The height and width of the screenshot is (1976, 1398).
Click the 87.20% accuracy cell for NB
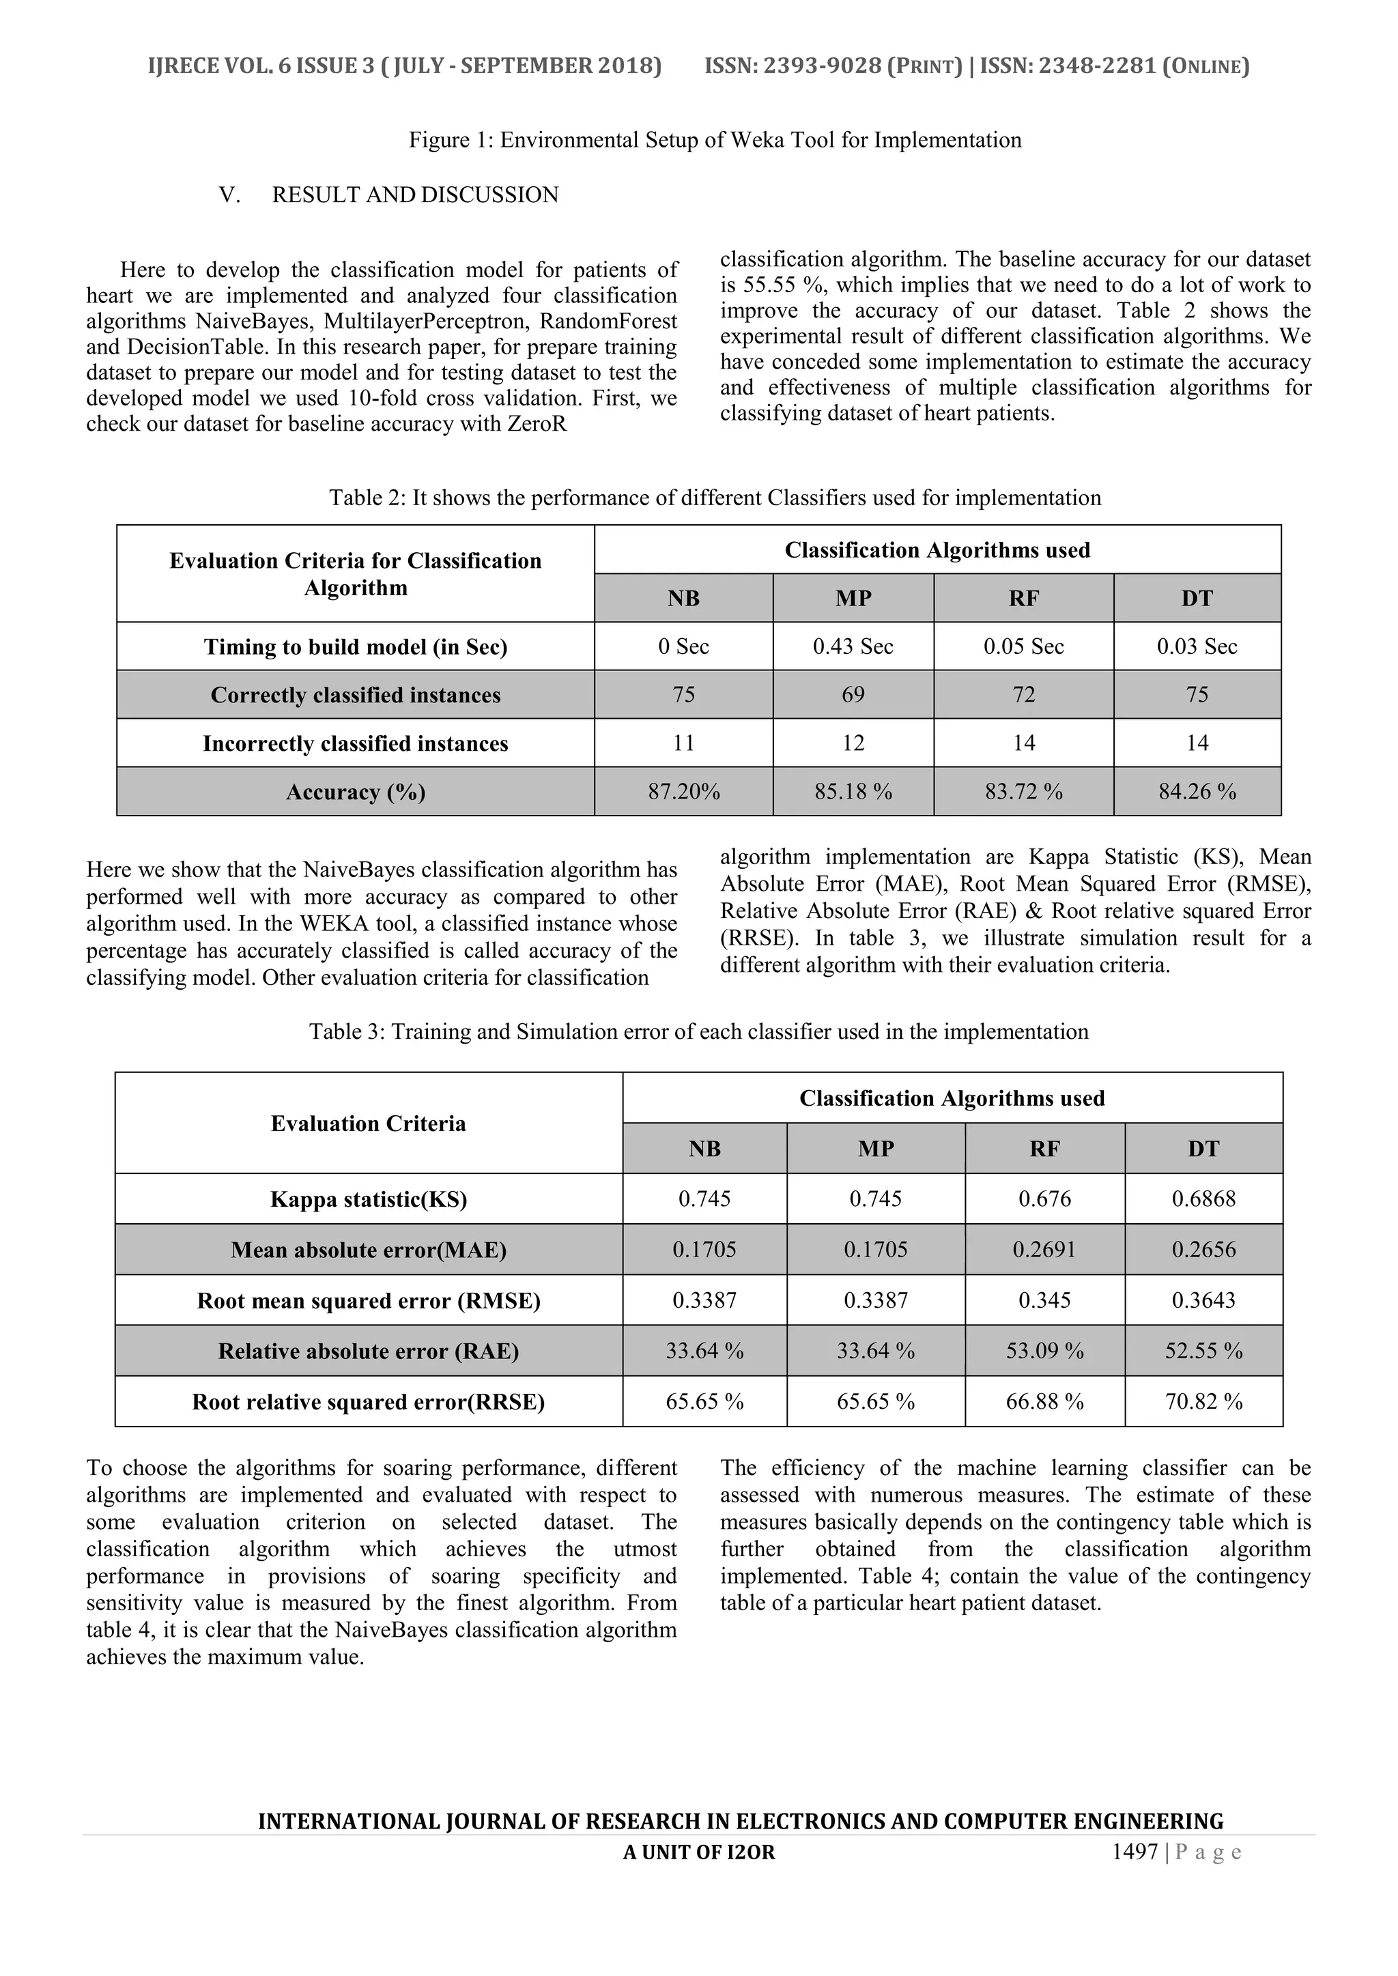pyautogui.click(x=683, y=791)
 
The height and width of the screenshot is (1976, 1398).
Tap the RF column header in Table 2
pyautogui.click(x=1023, y=598)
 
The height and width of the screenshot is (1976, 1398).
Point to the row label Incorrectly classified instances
pyautogui.click(x=355, y=743)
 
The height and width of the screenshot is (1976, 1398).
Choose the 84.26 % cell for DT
pyautogui.click(x=1197, y=791)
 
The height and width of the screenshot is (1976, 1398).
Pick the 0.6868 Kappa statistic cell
pyautogui.click(x=1203, y=1199)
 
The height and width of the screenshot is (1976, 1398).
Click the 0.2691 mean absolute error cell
pyautogui.click(x=1044, y=1250)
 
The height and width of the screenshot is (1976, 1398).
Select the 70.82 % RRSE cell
pyautogui.click(x=1203, y=1402)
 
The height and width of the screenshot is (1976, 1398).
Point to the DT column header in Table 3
pyautogui.click(x=1203, y=1148)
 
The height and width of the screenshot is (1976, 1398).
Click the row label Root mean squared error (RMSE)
pyautogui.click(x=369, y=1300)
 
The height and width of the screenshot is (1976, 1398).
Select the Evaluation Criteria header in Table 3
pyautogui.click(x=369, y=1123)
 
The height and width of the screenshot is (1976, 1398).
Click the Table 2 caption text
pyautogui.click(x=715, y=498)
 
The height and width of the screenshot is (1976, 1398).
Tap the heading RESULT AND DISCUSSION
pyautogui.click(x=415, y=195)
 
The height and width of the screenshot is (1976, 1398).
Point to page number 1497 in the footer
pyautogui.click(x=1135, y=1852)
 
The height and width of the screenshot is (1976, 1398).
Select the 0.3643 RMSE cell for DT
pyautogui.click(x=1203, y=1300)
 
